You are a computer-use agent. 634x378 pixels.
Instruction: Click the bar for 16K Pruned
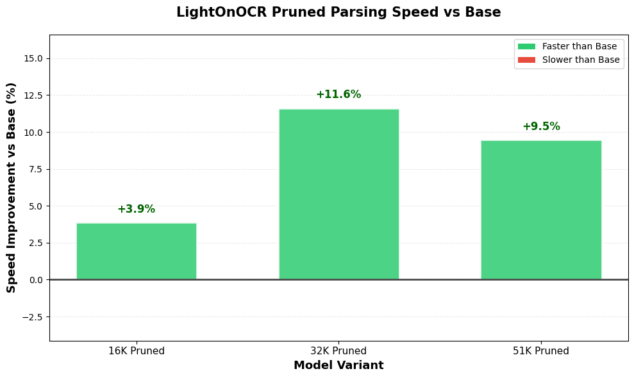136,251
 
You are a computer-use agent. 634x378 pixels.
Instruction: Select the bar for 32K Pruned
338,194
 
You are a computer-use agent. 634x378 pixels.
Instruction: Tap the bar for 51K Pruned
541,210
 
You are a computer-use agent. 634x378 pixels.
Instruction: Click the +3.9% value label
136,210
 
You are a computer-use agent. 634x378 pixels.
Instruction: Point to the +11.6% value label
338,95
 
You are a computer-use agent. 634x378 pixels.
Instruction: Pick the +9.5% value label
541,127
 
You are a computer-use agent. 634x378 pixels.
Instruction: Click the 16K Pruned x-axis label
136,351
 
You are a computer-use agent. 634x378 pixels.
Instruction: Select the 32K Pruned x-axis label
338,351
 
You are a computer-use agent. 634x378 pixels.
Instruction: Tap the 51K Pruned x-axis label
541,351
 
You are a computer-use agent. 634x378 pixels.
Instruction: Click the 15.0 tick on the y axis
33,58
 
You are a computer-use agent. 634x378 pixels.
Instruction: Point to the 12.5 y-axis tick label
33,95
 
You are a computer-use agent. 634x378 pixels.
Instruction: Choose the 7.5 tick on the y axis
36,170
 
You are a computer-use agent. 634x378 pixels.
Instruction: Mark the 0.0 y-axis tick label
36,280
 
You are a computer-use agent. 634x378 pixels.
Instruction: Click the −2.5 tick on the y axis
31,317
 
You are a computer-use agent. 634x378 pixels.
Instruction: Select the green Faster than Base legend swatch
526,47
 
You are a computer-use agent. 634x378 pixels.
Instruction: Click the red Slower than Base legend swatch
526,60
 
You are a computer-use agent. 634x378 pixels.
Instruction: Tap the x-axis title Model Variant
338,366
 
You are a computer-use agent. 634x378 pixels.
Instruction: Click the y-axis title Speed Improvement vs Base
12,188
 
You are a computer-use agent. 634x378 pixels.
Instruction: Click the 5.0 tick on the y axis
36,206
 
